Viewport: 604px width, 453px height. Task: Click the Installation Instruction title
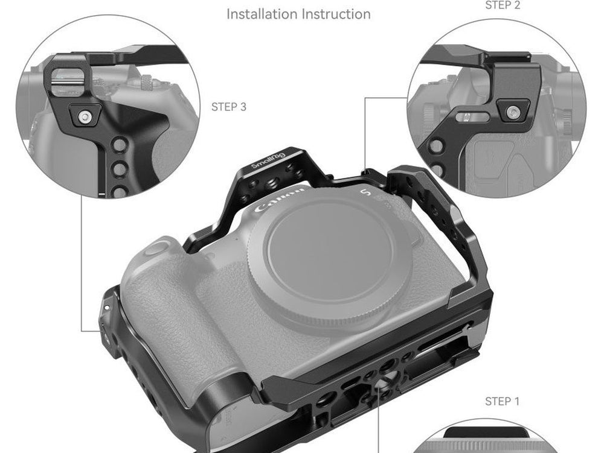[x=298, y=14]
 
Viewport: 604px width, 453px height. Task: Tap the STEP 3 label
[x=229, y=107]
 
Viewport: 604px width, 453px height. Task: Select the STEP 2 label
[x=503, y=5]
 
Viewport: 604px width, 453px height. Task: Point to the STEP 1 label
[x=503, y=402]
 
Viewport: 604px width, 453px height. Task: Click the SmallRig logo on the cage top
[x=269, y=160]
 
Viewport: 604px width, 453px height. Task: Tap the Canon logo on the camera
[x=279, y=199]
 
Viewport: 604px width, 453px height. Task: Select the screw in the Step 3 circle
[x=85, y=116]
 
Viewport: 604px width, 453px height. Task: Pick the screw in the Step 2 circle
[x=513, y=113]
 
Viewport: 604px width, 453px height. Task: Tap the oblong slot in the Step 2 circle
[x=473, y=117]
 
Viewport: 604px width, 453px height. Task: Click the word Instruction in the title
[x=336, y=14]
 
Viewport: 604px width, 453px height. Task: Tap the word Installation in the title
[x=262, y=14]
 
